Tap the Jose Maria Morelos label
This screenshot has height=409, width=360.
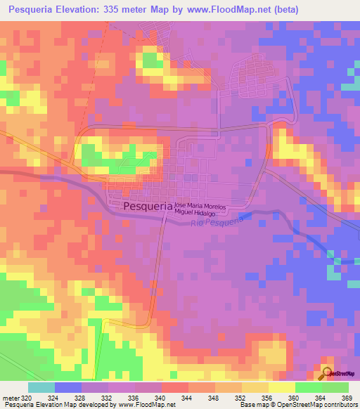pos(205,202)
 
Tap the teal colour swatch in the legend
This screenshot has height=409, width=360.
pos(41,387)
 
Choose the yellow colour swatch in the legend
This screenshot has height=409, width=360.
pos(281,387)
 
